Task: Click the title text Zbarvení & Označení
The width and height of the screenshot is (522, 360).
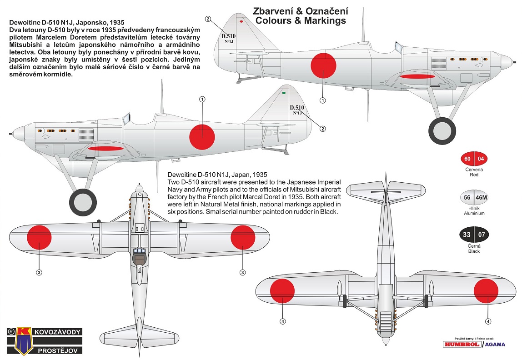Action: click(300, 11)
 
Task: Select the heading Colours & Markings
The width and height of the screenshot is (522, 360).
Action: click(300, 21)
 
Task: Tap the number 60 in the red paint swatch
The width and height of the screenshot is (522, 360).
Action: click(467, 159)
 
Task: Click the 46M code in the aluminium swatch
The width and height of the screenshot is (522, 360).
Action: click(481, 198)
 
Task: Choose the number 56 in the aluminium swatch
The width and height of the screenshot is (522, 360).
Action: click(467, 198)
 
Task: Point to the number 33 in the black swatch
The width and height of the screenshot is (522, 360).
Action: click(467, 235)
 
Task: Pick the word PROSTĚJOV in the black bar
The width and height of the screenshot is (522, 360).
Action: click(58, 350)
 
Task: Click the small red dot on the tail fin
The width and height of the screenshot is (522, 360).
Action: click(241, 21)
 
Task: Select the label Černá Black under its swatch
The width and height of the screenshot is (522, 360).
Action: click(473, 248)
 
